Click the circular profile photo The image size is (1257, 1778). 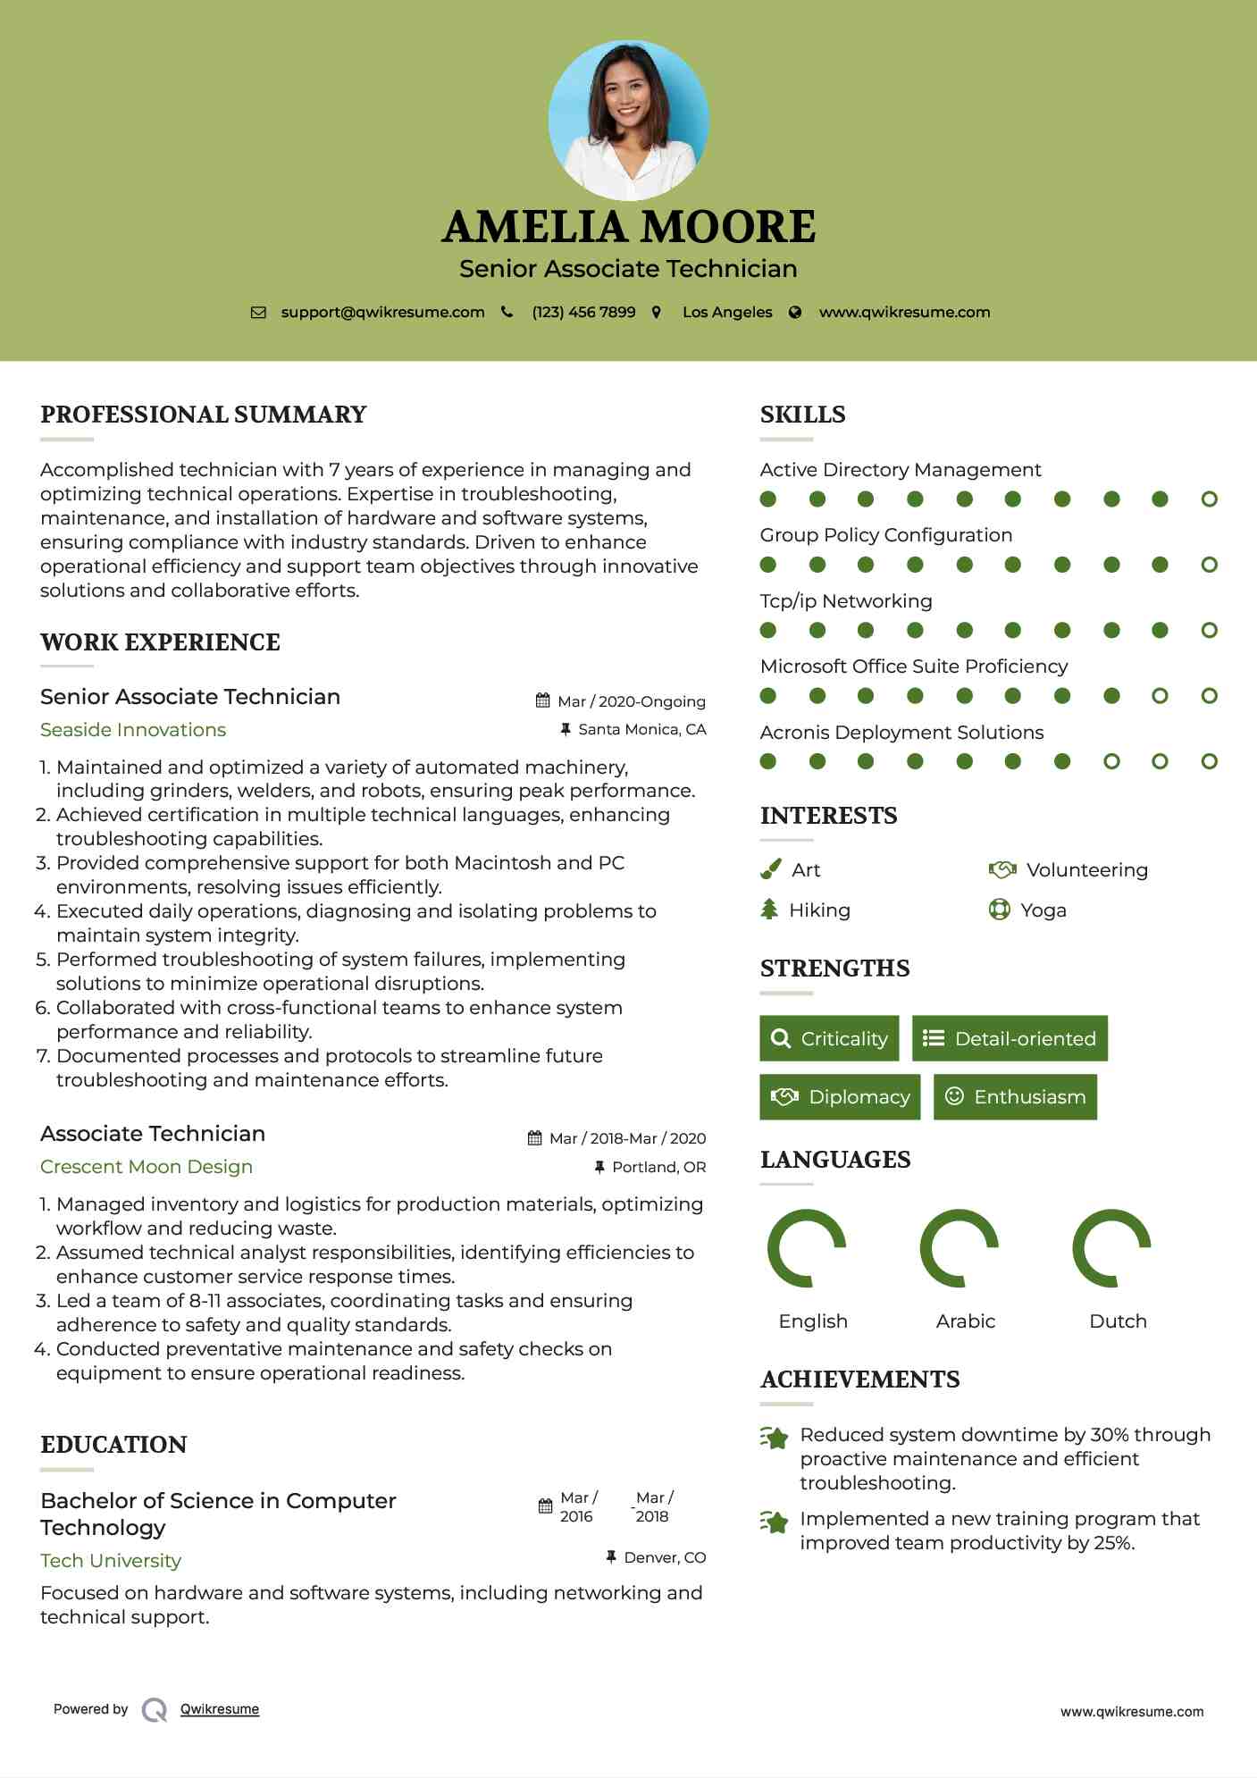(628, 120)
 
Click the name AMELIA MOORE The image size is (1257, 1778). (628, 227)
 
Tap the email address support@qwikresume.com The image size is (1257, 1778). (382, 312)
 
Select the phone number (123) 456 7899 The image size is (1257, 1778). (583, 312)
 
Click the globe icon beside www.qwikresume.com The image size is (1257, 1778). (795, 312)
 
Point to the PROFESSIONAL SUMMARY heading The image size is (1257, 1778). (204, 415)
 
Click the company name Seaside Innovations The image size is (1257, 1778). (133, 730)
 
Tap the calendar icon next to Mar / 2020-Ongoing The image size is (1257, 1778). (542, 700)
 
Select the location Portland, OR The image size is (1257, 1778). (658, 1167)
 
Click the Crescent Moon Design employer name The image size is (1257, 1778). (147, 1167)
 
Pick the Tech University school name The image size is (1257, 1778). (111, 1561)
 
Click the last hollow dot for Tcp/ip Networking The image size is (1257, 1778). (1209, 630)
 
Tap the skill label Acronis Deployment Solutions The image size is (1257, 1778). (901, 733)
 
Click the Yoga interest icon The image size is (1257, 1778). (999, 910)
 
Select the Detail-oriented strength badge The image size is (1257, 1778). (1010, 1038)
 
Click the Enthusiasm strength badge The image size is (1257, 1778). (1015, 1096)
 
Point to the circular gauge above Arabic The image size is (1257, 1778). (959, 1248)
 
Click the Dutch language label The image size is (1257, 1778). (1118, 1321)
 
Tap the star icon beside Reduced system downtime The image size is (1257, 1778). (774, 1438)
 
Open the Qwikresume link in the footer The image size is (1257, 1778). (220, 1709)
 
